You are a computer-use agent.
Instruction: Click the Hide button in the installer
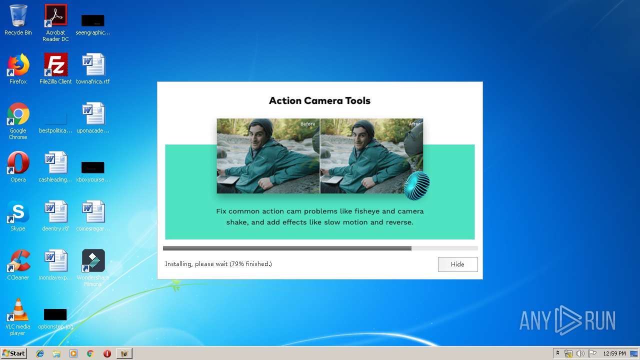click(457, 264)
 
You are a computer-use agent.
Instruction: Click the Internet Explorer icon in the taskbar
click(40, 353)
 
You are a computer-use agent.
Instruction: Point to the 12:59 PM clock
click(614, 353)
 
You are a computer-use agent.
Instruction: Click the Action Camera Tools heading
click(319, 100)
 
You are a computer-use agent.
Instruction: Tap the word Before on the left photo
click(307, 124)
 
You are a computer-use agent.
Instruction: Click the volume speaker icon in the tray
click(580, 353)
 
